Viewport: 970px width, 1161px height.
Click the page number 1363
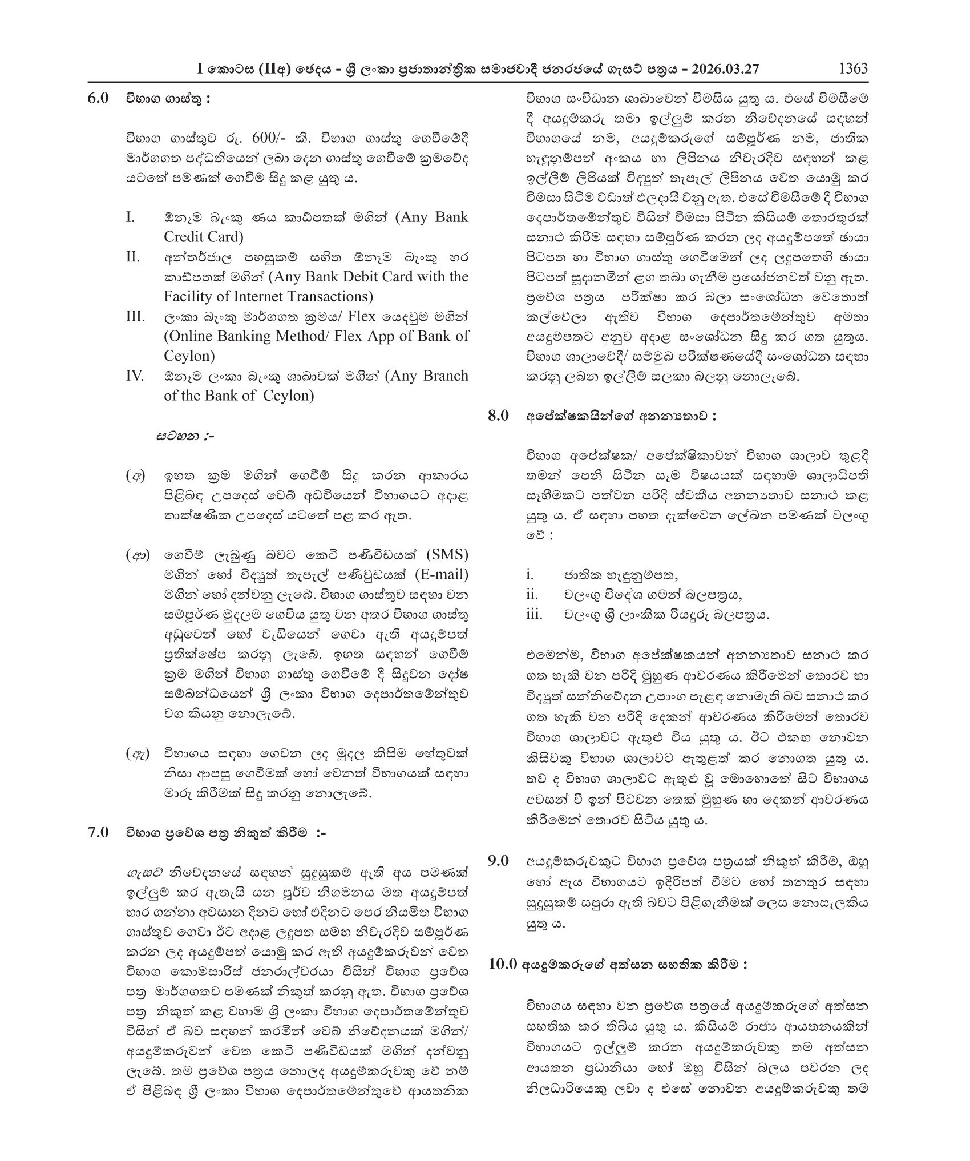(x=852, y=69)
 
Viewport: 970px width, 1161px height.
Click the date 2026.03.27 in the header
(x=725, y=69)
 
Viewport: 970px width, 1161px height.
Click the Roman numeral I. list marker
(x=131, y=217)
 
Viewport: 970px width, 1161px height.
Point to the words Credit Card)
(x=203, y=237)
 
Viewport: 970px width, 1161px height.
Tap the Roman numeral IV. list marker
(x=135, y=376)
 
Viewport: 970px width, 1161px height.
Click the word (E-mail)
(x=442, y=574)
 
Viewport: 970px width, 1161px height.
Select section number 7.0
(x=98, y=832)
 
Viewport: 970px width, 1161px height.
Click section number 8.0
(x=498, y=416)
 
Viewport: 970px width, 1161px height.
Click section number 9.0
(x=498, y=861)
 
